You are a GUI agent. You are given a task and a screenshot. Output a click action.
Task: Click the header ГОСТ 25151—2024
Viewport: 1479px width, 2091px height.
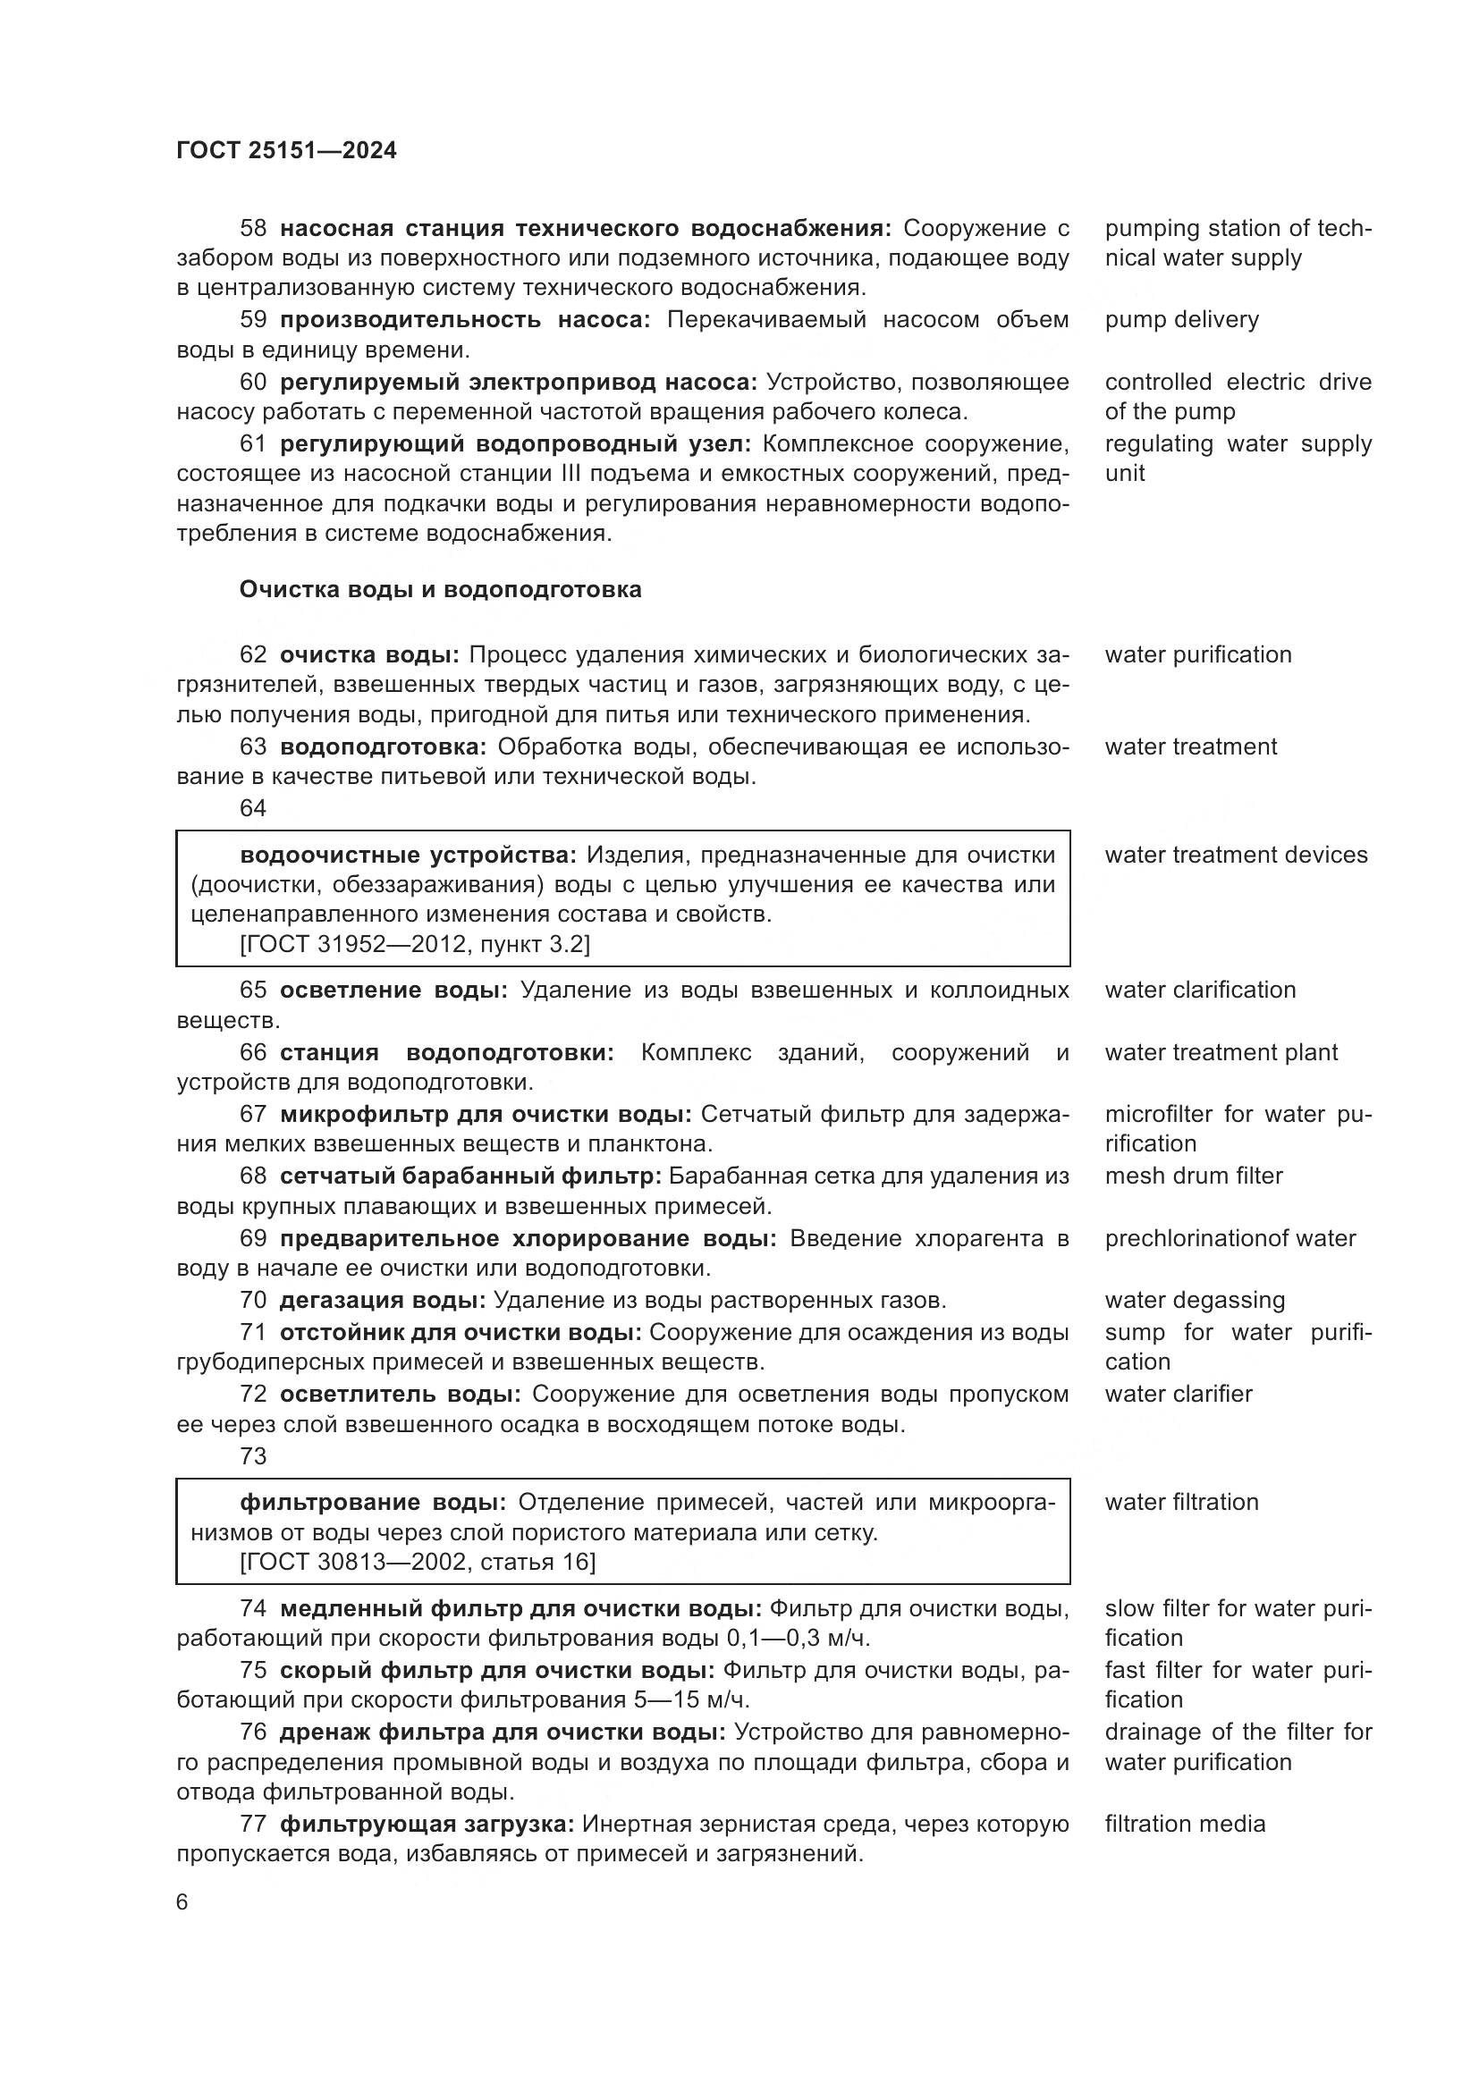tap(286, 150)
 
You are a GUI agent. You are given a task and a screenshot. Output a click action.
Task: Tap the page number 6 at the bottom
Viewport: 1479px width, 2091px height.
tap(182, 1901)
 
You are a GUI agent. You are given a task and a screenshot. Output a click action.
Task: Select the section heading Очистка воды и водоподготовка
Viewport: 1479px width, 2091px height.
tap(440, 589)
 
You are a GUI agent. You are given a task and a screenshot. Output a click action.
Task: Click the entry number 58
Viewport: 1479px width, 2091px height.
tap(252, 228)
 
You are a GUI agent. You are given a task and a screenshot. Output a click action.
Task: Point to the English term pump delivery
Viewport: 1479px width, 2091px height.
tap(1181, 320)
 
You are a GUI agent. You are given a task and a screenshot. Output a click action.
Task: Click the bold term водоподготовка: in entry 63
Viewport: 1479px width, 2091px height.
tap(383, 746)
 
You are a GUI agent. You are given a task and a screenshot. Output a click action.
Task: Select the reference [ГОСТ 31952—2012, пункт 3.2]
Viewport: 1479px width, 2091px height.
tap(414, 944)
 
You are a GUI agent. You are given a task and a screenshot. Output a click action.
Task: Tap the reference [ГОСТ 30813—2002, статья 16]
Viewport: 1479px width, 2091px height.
tap(417, 1562)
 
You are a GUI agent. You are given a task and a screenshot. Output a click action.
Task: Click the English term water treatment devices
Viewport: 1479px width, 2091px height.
tap(1236, 855)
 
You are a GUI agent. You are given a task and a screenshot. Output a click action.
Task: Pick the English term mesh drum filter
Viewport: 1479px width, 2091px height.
tap(1193, 1176)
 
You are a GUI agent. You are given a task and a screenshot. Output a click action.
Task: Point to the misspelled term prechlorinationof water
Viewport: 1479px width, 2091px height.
tap(1230, 1238)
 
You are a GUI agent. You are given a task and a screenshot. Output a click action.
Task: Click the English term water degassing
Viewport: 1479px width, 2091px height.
tap(1194, 1301)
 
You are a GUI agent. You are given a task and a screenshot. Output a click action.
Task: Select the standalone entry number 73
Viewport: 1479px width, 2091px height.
tap(252, 1456)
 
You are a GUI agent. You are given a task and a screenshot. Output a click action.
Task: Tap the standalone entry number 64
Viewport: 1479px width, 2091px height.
tap(252, 809)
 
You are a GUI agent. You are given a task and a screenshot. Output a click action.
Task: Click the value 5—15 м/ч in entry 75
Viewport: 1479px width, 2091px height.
tap(685, 1700)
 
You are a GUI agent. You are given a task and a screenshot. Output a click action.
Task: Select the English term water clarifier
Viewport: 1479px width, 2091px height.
tap(1179, 1394)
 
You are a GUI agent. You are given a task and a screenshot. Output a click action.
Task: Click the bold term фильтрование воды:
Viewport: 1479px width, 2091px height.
tap(374, 1502)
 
